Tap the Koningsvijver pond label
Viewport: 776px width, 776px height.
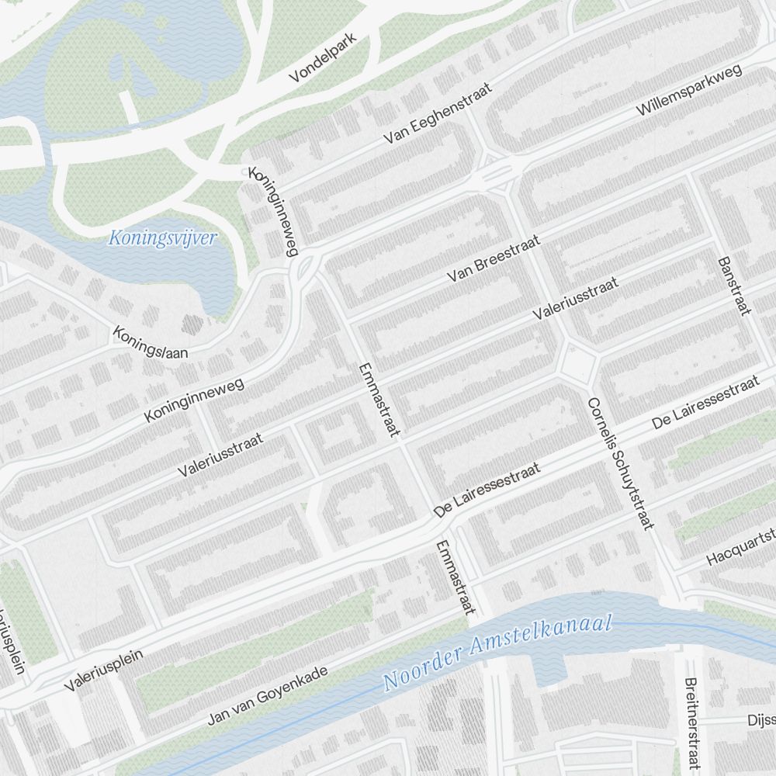(161, 238)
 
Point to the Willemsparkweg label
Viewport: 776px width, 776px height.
(689, 91)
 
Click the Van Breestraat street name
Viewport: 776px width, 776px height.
(494, 260)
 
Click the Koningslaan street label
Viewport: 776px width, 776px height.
(151, 343)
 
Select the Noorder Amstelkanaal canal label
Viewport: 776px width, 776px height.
(498, 653)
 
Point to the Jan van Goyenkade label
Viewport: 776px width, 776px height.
(268, 695)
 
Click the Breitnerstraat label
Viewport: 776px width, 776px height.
(691, 726)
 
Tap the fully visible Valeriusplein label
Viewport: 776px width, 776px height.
(104, 670)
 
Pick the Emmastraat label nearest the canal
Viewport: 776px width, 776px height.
(454, 577)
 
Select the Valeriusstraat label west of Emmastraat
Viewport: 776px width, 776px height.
(220, 455)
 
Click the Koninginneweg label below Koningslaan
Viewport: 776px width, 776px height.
(194, 400)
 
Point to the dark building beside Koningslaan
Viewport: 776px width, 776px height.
(191, 324)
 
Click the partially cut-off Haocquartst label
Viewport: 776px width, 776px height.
(741, 548)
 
